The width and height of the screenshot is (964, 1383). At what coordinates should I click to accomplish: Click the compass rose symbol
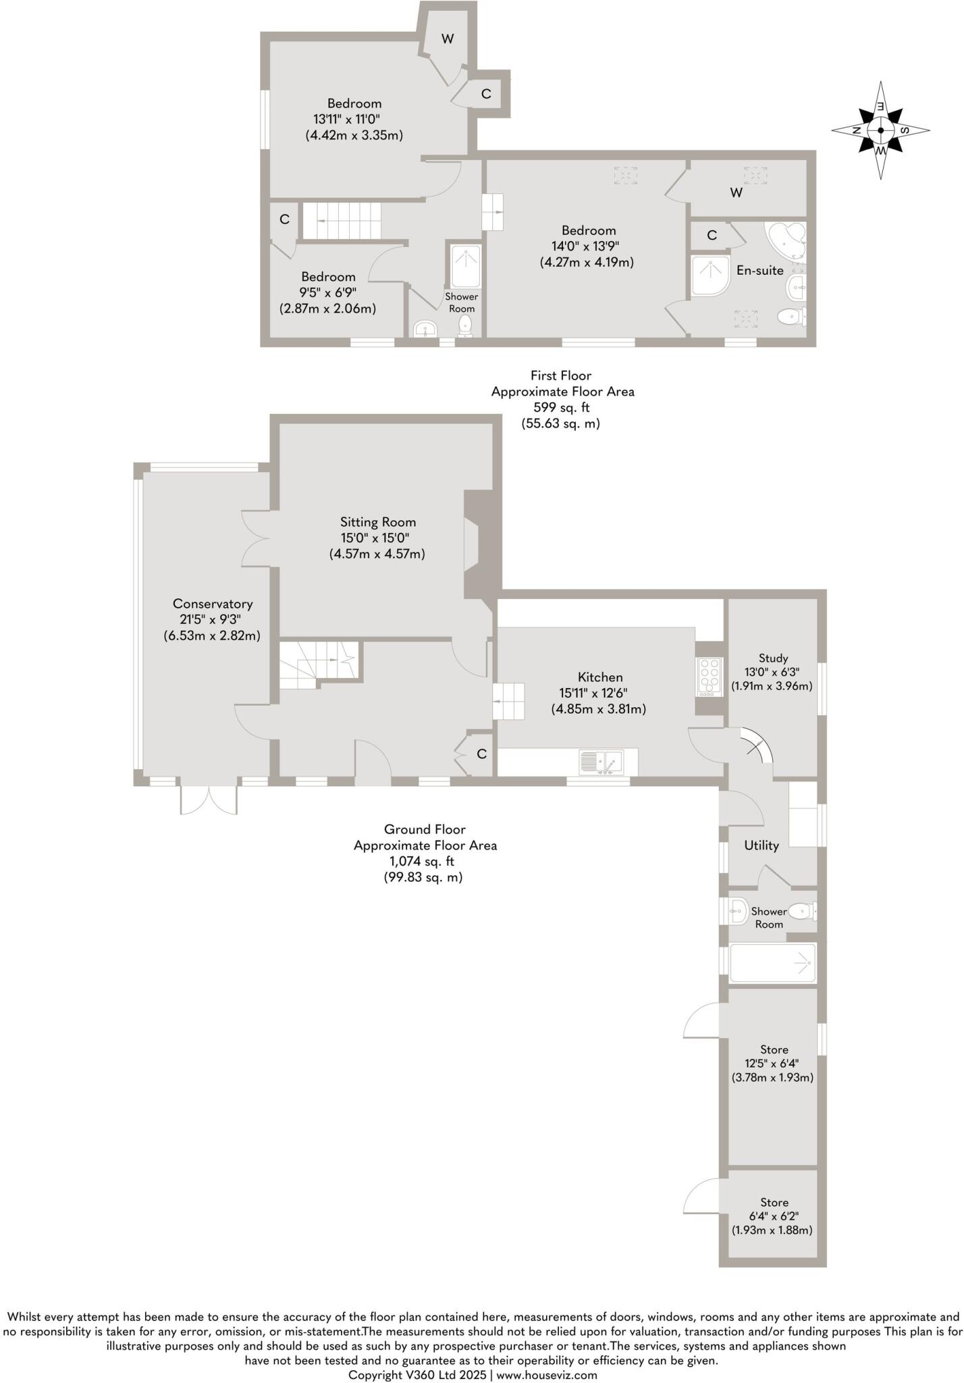[x=880, y=130]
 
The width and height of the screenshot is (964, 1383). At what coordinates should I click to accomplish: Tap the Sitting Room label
[x=377, y=522]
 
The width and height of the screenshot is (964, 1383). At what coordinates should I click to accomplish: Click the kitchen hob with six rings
[x=709, y=677]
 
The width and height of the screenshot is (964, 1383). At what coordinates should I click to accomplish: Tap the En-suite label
[x=759, y=271]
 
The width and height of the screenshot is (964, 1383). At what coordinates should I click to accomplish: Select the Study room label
[x=773, y=658]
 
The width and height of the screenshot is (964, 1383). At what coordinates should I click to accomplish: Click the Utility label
[x=761, y=845]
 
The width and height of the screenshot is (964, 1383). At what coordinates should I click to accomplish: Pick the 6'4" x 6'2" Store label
[x=774, y=1203]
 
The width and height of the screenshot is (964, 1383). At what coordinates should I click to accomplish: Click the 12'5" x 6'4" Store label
[x=774, y=1050]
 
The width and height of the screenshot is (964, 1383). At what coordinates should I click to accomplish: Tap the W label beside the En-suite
[x=736, y=193]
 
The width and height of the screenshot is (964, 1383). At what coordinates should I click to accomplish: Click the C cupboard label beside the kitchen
[x=481, y=754]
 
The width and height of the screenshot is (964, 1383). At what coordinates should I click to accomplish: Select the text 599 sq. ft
[x=562, y=408]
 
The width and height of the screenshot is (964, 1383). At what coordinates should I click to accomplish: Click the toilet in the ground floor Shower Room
[x=800, y=912]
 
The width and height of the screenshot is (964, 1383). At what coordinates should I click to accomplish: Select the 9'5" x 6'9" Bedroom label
[x=328, y=277]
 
